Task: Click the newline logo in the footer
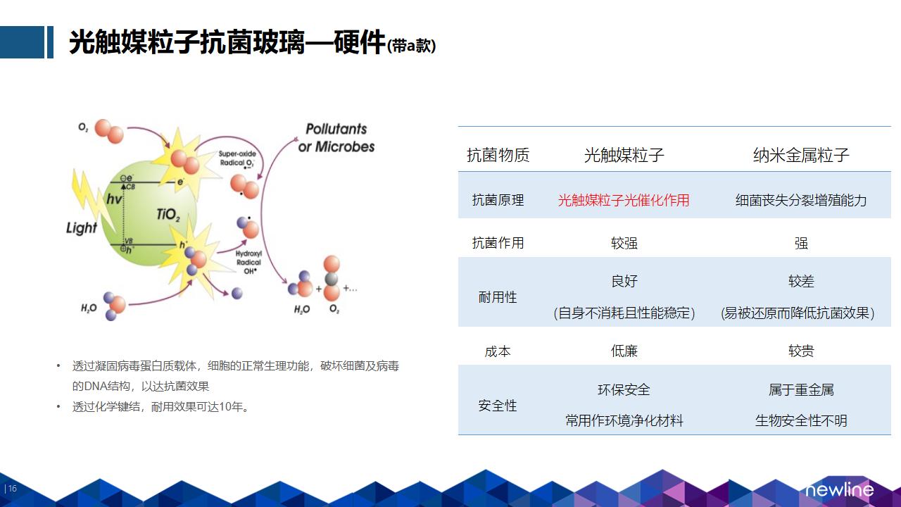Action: tap(840, 489)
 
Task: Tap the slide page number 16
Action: tap(13, 489)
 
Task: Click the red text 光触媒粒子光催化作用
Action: tap(624, 200)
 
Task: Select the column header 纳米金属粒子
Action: tap(801, 156)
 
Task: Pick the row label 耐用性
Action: tap(498, 297)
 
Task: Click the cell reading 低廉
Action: tap(624, 351)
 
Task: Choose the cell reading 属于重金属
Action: tap(801, 389)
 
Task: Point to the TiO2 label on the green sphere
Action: tap(168, 215)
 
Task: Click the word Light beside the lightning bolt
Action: tap(82, 227)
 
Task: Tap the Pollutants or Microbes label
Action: tap(336, 138)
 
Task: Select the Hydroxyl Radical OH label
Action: tap(248, 263)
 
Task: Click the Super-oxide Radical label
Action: tap(237, 159)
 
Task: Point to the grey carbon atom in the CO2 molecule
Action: tap(332, 279)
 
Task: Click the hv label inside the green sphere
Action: tap(114, 199)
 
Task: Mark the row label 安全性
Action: tap(498, 406)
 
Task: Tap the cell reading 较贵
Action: tap(801, 351)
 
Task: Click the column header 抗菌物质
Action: tap(498, 156)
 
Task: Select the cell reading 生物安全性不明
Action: tap(801, 421)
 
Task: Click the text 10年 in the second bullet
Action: tap(232, 407)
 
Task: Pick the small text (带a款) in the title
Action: tap(411, 46)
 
